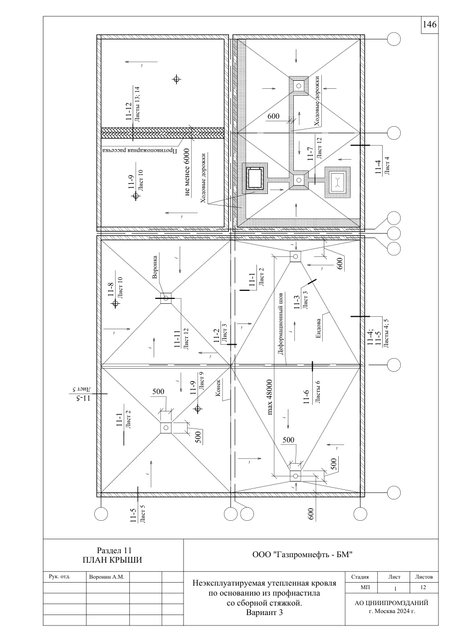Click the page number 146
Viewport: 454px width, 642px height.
pyautogui.click(x=430, y=24)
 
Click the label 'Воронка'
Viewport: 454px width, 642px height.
pyautogui.click(x=155, y=267)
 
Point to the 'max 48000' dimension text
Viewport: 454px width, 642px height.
pyautogui.click(x=270, y=397)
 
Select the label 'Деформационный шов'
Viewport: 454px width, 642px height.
pyautogui.click(x=281, y=324)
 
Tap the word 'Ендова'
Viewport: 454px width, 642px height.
pyautogui.click(x=318, y=328)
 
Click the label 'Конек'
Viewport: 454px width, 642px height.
pyautogui.click(x=218, y=388)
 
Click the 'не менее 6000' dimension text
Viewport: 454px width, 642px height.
pyautogui.click(x=187, y=172)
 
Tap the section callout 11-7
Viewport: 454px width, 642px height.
pyautogui.click(x=310, y=154)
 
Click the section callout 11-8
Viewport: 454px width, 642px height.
pyautogui.click(x=111, y=289)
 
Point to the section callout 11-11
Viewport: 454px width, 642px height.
pyautogui.click(x=177, y=339)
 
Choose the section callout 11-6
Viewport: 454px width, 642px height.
pyautogui.click(x=306, y=397)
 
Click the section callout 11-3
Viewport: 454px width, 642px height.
pyautogui.click(x=297, y=302)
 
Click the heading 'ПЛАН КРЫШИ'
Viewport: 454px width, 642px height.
pyautogui.click(x=112, y=560)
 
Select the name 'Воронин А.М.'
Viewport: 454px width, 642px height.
pyautogui.click(x=107, y=577)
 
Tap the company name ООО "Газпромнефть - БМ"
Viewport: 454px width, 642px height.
pyautogui.click(x=302, y=555)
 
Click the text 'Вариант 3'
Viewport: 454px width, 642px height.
pyautogui.click(x=264, y=613)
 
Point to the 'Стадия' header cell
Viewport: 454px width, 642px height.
pyautogui.click(x=360, y=577)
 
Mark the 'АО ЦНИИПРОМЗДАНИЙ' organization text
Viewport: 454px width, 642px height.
pyautogui.click(x=392, y=603)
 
